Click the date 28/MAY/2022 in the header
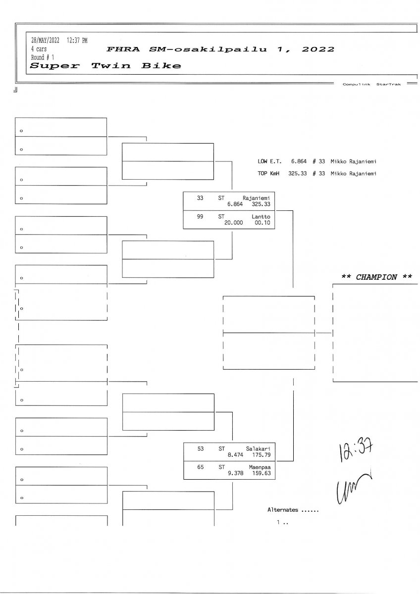point(45,41)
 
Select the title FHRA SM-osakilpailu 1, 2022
point(220,49)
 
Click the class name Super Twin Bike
point(105,66)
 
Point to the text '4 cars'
point(39,49)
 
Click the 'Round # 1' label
point(43,57)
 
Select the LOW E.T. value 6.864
point(299,161)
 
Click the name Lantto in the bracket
point(261,216)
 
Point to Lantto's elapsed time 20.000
point(234,223)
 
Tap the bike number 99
point(200,216)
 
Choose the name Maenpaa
point(258,466)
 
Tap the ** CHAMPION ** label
point(376,277)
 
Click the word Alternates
point(283,510)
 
